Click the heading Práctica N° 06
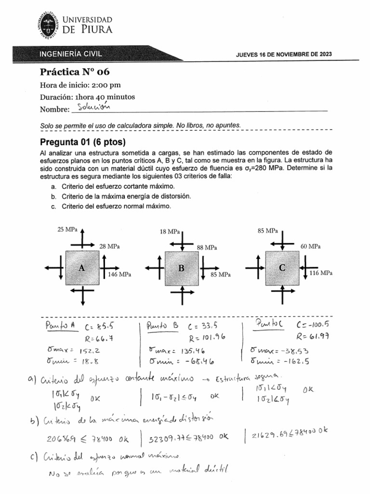[x=75, y=72]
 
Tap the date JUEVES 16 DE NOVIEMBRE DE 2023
[x=283, y=55]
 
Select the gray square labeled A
[x=82, y=268]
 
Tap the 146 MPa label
[x=119, y=274]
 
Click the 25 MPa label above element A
[x=67, y=229]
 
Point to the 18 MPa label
[x=170, y=232]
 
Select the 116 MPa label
[x=321, y=273]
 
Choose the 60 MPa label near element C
[x=311, y=247]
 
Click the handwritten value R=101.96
[x=207, y=337]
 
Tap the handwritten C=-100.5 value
[x=313, y=325]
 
